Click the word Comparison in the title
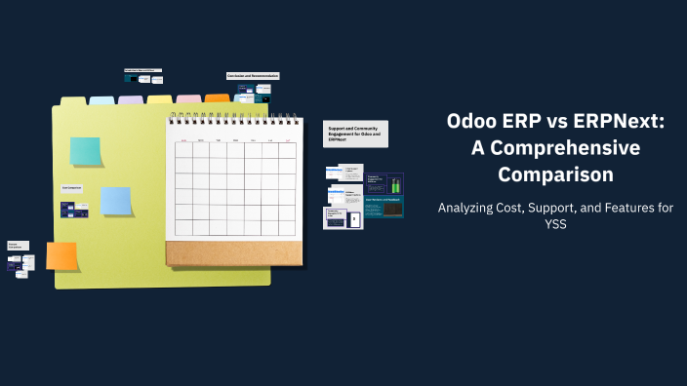click(555, 174)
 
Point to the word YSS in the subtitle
click(555, 223)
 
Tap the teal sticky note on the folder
click(85, 151)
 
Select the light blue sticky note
click(116, 201)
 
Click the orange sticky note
click(61, 255)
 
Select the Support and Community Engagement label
click(355, 134)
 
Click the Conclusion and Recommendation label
click(253, 76)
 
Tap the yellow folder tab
click(159, 99)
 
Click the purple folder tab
click(131, 99)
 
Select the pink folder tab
click(188, 99)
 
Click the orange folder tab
click(217, 98)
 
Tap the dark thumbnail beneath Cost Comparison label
click(68, 210)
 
